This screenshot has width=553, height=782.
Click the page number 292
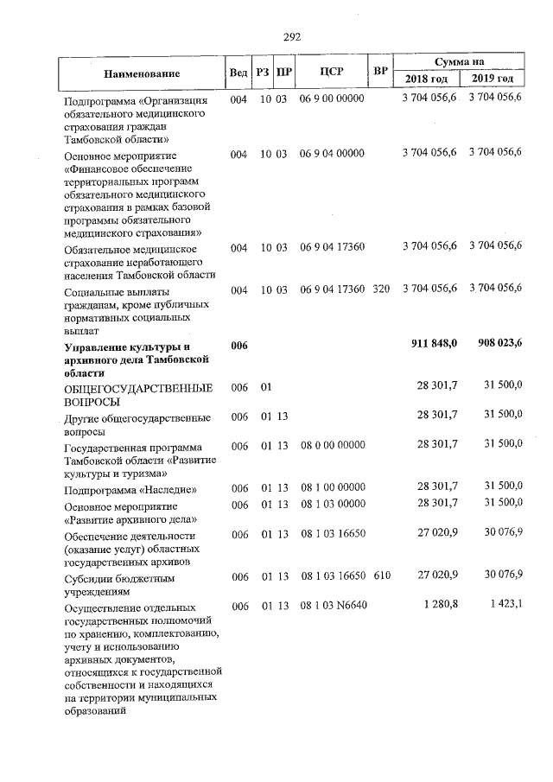click(x=291, y=36)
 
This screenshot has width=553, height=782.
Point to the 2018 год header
click(x=427, y=79)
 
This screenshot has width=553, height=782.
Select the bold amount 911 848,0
click(x=435, y=345)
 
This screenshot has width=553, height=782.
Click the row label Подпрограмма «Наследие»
click(x=118, y=489)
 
